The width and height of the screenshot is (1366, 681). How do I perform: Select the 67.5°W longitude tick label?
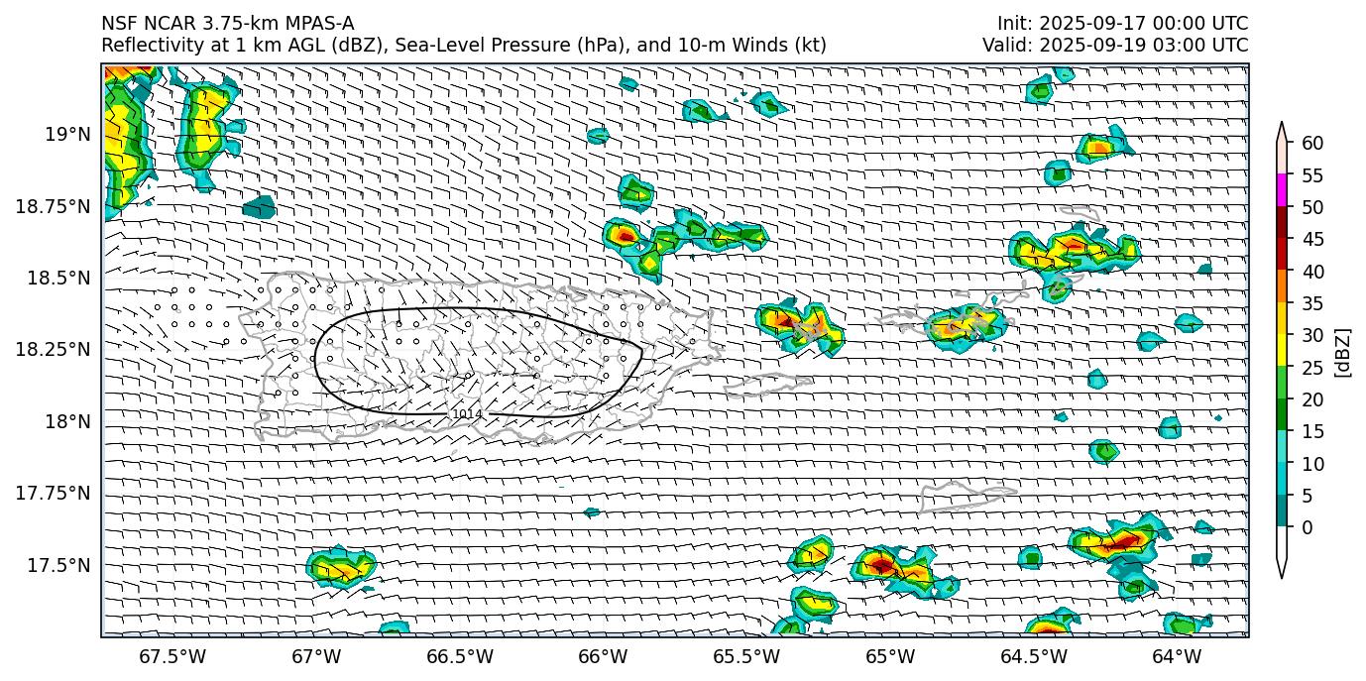(172, 656)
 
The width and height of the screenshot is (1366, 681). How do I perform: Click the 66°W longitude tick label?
(603, 656)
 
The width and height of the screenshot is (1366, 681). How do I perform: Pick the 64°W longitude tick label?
(1177, 656)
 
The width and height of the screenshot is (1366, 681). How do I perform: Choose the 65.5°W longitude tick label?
(745, 656)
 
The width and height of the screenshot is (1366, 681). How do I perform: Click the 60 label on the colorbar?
(1312, 144)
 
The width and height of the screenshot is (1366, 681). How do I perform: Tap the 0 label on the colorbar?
(1308, 527)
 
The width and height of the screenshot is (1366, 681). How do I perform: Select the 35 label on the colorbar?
(1312, 303)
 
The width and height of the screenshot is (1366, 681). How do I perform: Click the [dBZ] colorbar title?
(1344, 352)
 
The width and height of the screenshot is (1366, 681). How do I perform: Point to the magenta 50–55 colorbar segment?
(1282, 190)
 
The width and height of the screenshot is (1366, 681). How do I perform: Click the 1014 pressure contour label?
(467, 414)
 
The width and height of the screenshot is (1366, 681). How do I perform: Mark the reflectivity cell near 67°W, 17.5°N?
(340, 568)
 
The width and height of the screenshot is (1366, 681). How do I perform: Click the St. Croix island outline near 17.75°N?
(955, 496)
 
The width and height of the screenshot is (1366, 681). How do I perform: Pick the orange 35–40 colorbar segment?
(1282, 286)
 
